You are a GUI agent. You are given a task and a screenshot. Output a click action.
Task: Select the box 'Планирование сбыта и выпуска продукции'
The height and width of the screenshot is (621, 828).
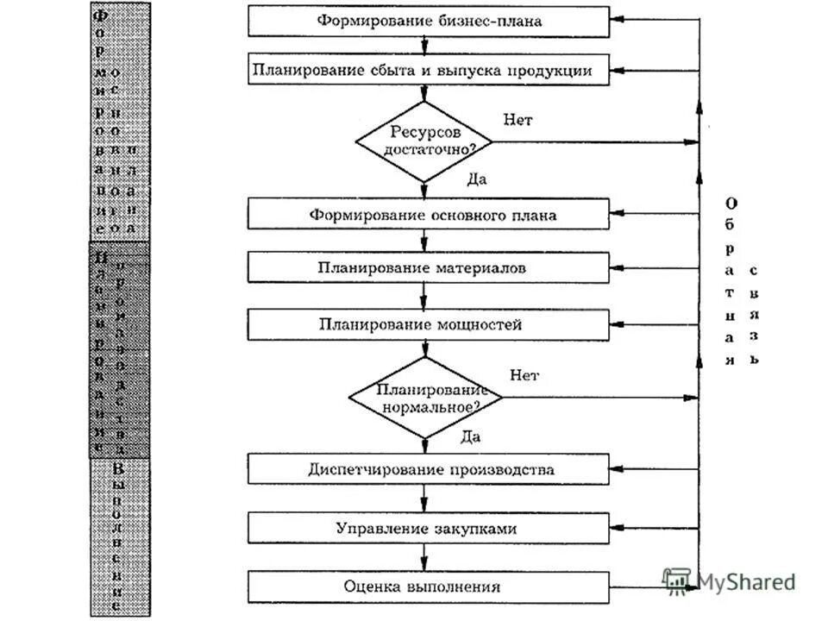click(x=429, y=71)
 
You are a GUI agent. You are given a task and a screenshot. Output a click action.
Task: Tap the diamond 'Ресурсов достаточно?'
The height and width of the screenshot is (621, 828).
click(x=423, y=141)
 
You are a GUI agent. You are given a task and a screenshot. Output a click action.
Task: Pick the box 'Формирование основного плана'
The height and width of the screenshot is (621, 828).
click(x=429, y=215)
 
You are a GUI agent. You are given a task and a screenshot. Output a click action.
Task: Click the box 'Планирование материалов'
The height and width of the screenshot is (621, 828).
click(x=429, y=267)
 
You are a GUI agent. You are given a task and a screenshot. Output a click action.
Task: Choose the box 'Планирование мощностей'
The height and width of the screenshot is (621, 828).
click(x=429, y=325)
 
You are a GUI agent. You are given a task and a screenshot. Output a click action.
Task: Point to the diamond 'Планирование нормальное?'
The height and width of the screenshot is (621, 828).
click(x=424, y=397)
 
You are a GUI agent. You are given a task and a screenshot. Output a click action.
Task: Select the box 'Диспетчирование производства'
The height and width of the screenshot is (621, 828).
click(x=429, y=470)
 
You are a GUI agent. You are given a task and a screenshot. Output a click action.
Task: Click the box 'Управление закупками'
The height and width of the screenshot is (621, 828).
click(x=429, y=527)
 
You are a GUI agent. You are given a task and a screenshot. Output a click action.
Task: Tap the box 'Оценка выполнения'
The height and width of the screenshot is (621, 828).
click(x=429, y=586)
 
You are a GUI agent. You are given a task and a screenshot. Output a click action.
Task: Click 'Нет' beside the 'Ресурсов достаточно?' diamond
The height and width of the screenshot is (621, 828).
click(x=517, y=120)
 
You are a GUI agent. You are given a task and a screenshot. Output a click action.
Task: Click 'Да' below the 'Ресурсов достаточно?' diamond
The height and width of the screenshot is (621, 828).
click(x=477, y=179)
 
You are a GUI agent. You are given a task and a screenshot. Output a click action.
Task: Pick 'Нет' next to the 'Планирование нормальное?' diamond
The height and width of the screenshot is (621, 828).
click(x=524, y=375)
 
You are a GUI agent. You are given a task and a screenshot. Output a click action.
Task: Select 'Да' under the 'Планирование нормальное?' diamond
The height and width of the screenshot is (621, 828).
click(x=471, y=436)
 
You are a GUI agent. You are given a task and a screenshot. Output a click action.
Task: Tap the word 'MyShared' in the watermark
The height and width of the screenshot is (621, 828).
click(x=746, y=582)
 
